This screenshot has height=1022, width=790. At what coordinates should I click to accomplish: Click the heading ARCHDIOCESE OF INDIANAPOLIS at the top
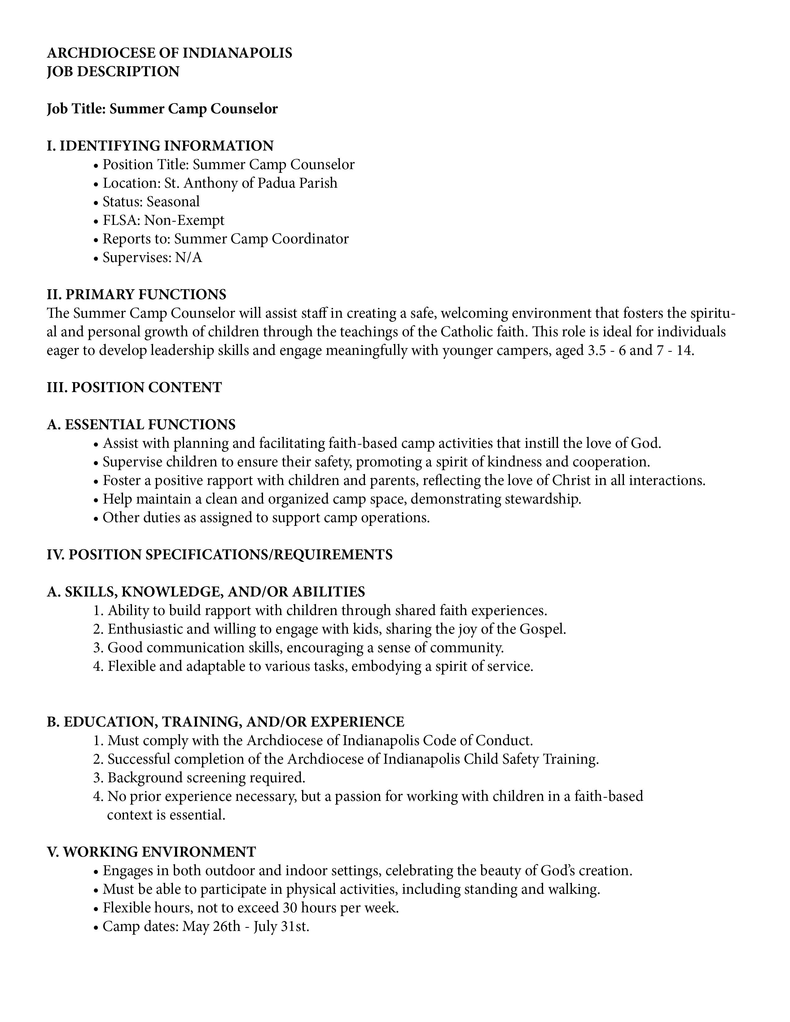(x=169, y=53)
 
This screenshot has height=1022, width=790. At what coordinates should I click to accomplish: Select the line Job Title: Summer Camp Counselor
(x=162, y=109)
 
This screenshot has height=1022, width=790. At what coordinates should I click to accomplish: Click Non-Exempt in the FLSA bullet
(x=184, y=221)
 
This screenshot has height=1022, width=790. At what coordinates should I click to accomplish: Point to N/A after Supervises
(x=189, y=258)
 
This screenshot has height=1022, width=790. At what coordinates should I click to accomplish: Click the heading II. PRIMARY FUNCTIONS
(x=136, y=295)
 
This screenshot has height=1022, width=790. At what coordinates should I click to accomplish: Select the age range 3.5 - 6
(x=607, y=351)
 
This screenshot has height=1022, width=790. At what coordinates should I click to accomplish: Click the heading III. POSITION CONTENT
(x=134, y=387)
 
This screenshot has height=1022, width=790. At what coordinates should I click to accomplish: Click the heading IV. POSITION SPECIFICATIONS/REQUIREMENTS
(x=220, y=555)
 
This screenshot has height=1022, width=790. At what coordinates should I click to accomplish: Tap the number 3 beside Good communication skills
(x=97, y=648)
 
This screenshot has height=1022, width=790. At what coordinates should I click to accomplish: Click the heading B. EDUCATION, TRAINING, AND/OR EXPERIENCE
(x=225, y=722)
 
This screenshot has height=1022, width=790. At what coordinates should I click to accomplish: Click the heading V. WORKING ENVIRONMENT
(x=151, y=852)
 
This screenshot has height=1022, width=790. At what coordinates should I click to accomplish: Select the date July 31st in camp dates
(x=281, y=927)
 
